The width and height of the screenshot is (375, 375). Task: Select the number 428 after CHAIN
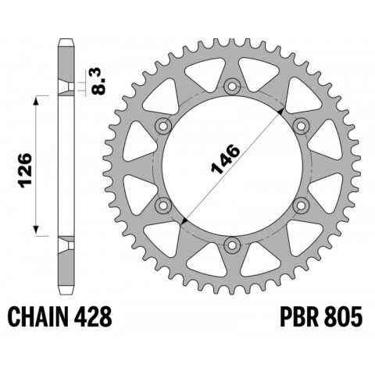(x=95, y=317)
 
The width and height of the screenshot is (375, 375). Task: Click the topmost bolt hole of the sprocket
(x=230, y=86)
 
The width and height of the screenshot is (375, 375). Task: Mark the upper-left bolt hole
(x=162, y=126)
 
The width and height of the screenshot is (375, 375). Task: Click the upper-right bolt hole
(x=300, y=126)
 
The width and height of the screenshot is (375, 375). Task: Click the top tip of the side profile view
(x=66, y=39)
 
